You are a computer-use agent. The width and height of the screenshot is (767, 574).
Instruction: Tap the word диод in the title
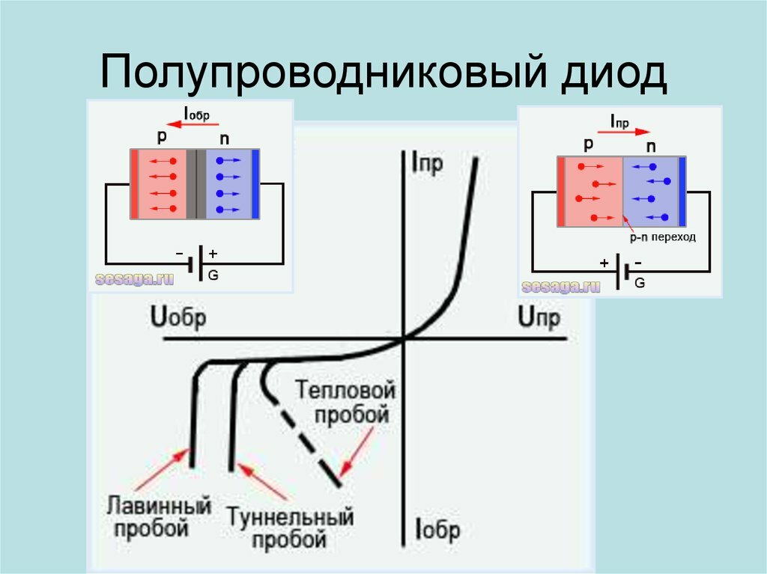click(x=614, y=73)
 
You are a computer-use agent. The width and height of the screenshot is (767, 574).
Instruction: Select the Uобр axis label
click(x=178, y=317)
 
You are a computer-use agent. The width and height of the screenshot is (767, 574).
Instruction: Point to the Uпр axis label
click(x=539, y=317)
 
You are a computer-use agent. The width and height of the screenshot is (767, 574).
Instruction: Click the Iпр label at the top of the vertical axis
click(x=427, y=163)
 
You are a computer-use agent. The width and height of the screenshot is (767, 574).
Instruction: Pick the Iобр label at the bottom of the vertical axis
click(x=437, y=529)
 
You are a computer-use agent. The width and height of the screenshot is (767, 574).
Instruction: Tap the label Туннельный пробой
click(x=290, y=528)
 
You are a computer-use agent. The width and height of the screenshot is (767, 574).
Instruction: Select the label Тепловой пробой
click(x=345, y=403)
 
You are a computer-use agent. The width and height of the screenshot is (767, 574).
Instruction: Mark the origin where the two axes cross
click(x=404, y=338)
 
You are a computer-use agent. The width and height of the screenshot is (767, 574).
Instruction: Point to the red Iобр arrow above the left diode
click(x=192, y=124)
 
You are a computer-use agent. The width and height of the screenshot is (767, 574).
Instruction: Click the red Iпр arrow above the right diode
click(x=624, y=132)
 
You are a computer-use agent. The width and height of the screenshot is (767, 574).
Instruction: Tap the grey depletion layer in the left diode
click(x=196, y=184)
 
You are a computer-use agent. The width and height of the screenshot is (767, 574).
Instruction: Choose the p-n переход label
click(x=662, y=238)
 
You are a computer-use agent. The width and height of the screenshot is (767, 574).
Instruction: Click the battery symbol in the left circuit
click(x=195, y=263)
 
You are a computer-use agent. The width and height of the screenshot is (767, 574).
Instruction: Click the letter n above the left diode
click(x=225, y=139)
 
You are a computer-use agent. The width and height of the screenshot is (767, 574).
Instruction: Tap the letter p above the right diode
click(x=589, y=144)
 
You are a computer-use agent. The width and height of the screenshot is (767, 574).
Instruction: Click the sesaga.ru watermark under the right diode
click(x=560, y=287)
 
